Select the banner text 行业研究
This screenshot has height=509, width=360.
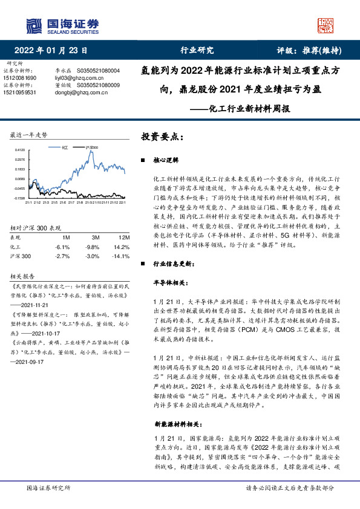(197, 51)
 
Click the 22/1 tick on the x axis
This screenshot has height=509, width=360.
(123, 203)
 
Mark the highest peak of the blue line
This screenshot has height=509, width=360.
(90, 153)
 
